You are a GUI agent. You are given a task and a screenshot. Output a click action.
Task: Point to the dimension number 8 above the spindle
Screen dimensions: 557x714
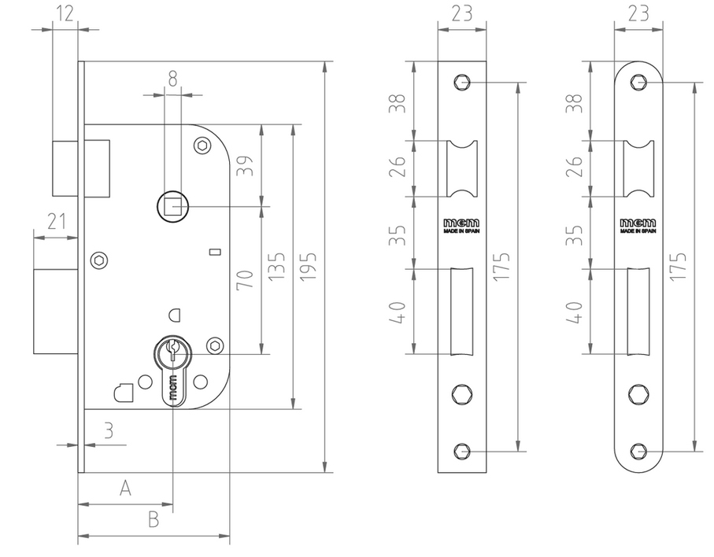point(172,77)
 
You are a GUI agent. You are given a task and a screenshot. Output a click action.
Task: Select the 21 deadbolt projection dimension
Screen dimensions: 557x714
point(56,221)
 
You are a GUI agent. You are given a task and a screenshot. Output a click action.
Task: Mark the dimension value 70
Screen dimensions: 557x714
point(245,280)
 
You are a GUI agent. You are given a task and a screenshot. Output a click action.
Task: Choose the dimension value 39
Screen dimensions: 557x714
point(245,165)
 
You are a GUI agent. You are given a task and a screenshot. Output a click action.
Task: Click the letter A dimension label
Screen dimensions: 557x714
point(124,489)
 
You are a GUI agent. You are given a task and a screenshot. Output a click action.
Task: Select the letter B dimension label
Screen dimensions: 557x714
point(154,519)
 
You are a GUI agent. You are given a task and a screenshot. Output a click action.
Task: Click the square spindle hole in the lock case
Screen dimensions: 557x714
point(172,207)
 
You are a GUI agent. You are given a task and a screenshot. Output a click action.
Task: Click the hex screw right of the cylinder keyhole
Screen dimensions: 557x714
point(214,345)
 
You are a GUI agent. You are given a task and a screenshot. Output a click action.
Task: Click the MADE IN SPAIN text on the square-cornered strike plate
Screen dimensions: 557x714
point(462,233)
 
